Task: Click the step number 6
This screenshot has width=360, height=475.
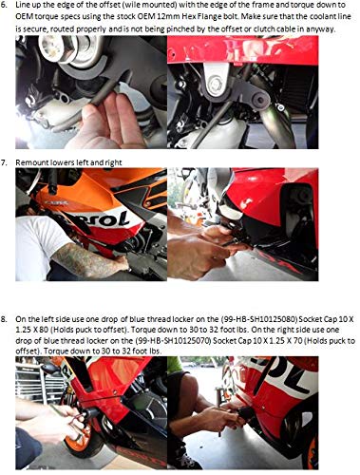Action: pyautogui.click(x=5, y=6)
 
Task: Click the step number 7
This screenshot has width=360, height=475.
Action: pyautogui.click(x=4, y=162)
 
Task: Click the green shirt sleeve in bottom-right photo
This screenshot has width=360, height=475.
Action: pyautogui.click(x=175, y=364)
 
